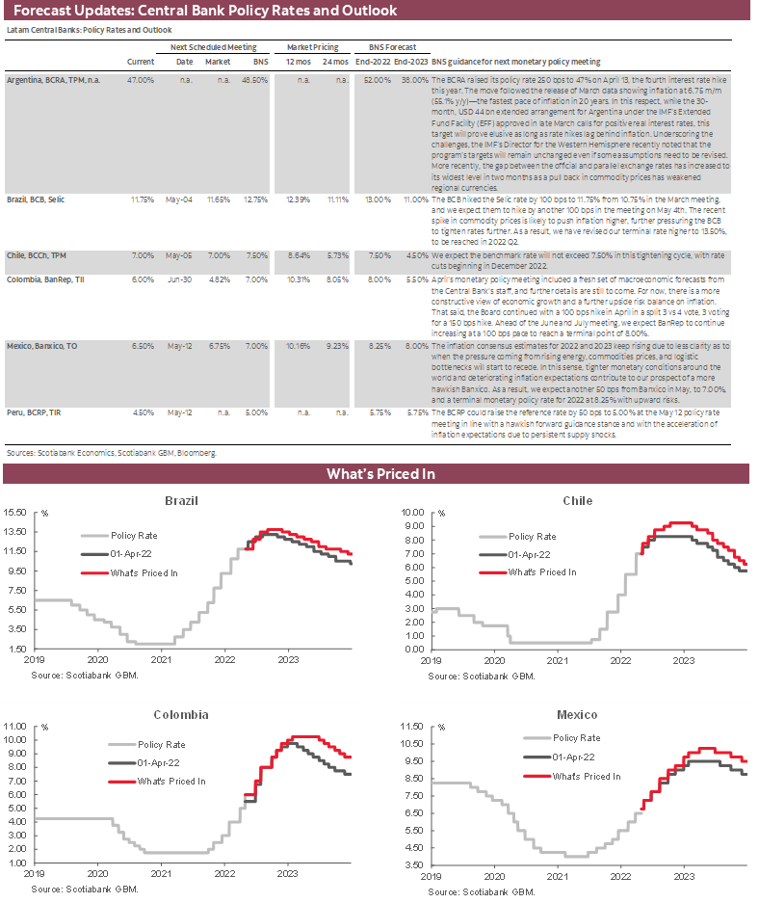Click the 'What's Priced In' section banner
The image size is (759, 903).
[379, 474]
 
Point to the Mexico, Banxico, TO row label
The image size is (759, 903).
[44, 343]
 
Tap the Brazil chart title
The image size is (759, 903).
[182, 502]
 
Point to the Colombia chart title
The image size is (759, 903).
[181, 715]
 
